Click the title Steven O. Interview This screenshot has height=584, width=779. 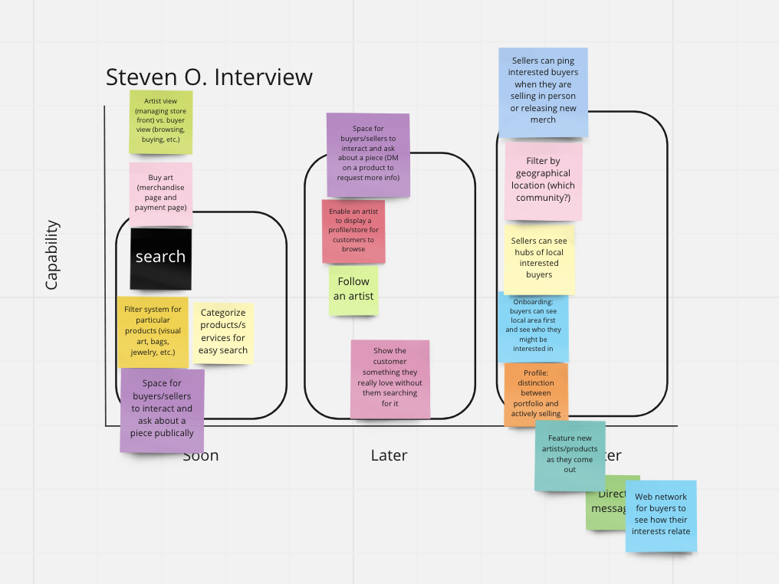[x=209, y=77]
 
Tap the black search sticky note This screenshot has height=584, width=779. [x=160, y=258]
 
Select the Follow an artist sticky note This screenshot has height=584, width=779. [x=353, y=290]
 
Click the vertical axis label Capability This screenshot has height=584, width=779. [x=51, y=255]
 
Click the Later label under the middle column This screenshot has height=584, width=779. [x=389, y=455]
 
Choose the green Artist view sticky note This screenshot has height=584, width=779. [x=160, y=121]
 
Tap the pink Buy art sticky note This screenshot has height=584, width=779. [x=160, y=193]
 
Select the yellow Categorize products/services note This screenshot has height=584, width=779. [x=223, y=332]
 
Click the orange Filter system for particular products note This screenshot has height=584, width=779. [x=153, y=331]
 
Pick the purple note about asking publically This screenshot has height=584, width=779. [x=162, y=410]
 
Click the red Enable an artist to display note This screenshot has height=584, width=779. [x=353, y=231]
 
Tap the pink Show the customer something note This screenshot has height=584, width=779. [x=390, y=378]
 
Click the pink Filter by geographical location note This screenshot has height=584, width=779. [x=543, y=181]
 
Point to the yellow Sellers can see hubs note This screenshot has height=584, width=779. [x=539, y=258]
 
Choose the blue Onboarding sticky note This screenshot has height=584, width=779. [x=534, y=327]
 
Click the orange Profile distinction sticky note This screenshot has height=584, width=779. [x=536, y=393]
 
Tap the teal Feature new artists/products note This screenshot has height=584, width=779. [x=570, y=454]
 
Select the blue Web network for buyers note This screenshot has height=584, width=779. [x=661, y=515]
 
